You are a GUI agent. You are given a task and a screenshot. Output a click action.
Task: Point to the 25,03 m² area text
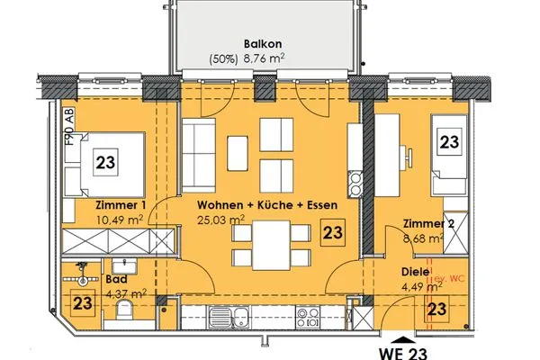tap(221, 219)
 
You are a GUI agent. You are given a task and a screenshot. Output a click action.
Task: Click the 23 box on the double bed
tap(104, 164)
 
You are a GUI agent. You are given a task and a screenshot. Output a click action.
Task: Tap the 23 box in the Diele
tap(438, 310)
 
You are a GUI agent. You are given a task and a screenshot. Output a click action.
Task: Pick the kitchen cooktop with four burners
tap(310, 316)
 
